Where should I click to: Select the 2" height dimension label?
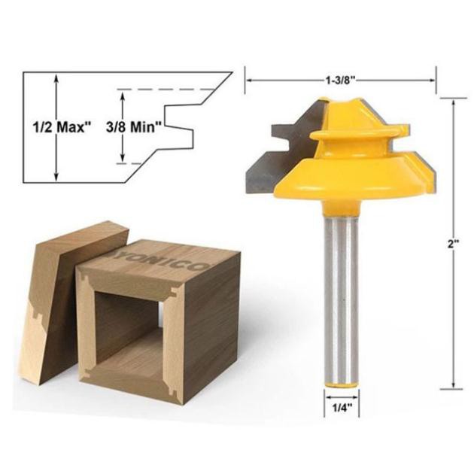[x=454, y=244]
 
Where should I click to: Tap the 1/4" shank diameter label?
[x=342, y=408]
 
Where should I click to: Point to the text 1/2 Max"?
[x=62, y=127]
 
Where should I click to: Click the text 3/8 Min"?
[x=133, y=127]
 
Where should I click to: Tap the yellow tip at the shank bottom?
[x=342, y=385]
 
